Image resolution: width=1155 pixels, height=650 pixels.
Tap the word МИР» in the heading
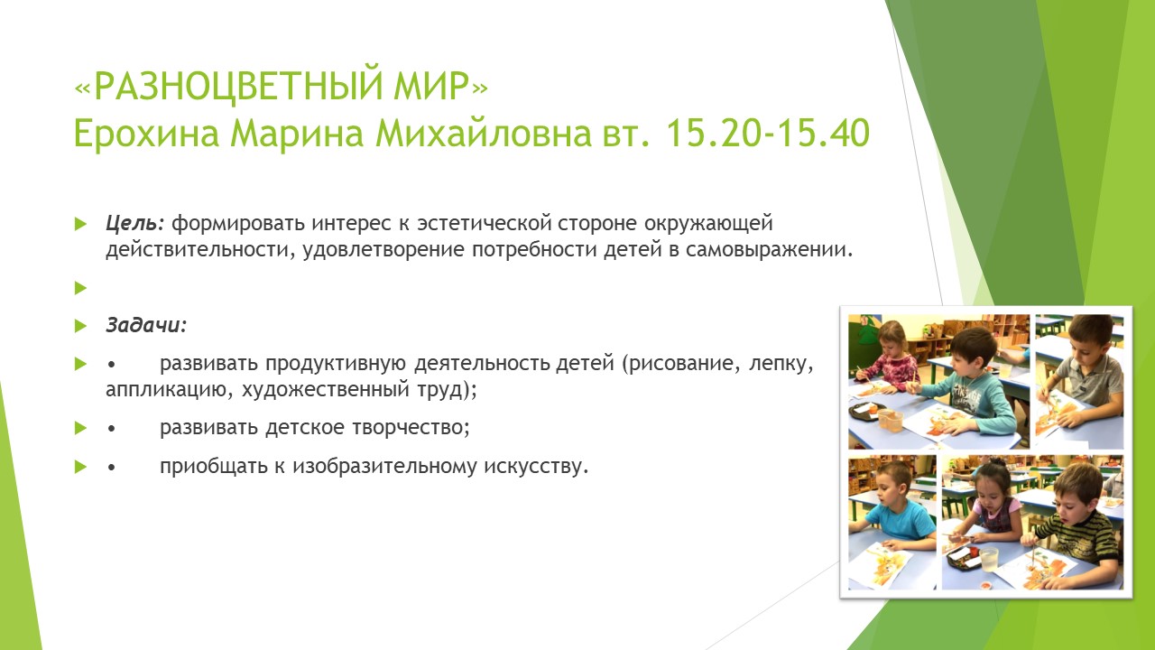coord(441,85)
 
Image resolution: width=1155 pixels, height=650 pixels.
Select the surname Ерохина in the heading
coord(147,133)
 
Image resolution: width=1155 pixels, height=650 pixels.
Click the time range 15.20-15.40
coord(768,133)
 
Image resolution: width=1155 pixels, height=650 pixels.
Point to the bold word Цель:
coord(134,223)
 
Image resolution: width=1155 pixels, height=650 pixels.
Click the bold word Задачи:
coord(146,325)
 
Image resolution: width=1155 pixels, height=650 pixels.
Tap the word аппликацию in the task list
coord(165,389)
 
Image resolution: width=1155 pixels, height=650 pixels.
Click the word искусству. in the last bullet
coord(536,467)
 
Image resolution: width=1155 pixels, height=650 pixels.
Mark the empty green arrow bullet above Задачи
coord(80,287)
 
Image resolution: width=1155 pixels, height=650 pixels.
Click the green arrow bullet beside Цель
coord(80,224)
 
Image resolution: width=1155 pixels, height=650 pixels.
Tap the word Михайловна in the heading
coord(483,133)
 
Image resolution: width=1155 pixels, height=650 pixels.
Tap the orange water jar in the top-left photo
coord(890,420)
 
